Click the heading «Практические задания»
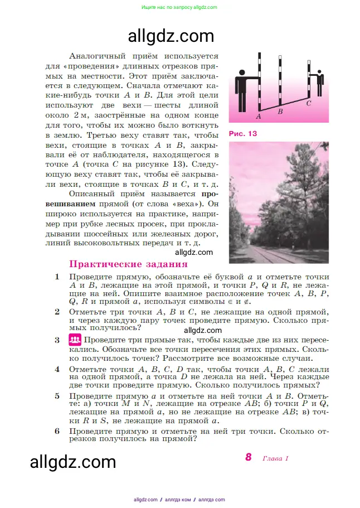coord(128,264)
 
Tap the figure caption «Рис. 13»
coord(244,134)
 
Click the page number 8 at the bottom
coord(249,457)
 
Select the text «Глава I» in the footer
coord(274,458)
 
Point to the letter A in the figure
coord(259,117)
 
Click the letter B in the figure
coord(280,112)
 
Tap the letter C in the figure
coord(309,103)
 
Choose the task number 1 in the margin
coord(57,277)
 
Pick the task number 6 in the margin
coord(57,431)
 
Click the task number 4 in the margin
coord(57,369)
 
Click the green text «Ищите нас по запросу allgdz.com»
coord(179,7)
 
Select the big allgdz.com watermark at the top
coord(171,36)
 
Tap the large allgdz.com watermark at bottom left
coord(72,462)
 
